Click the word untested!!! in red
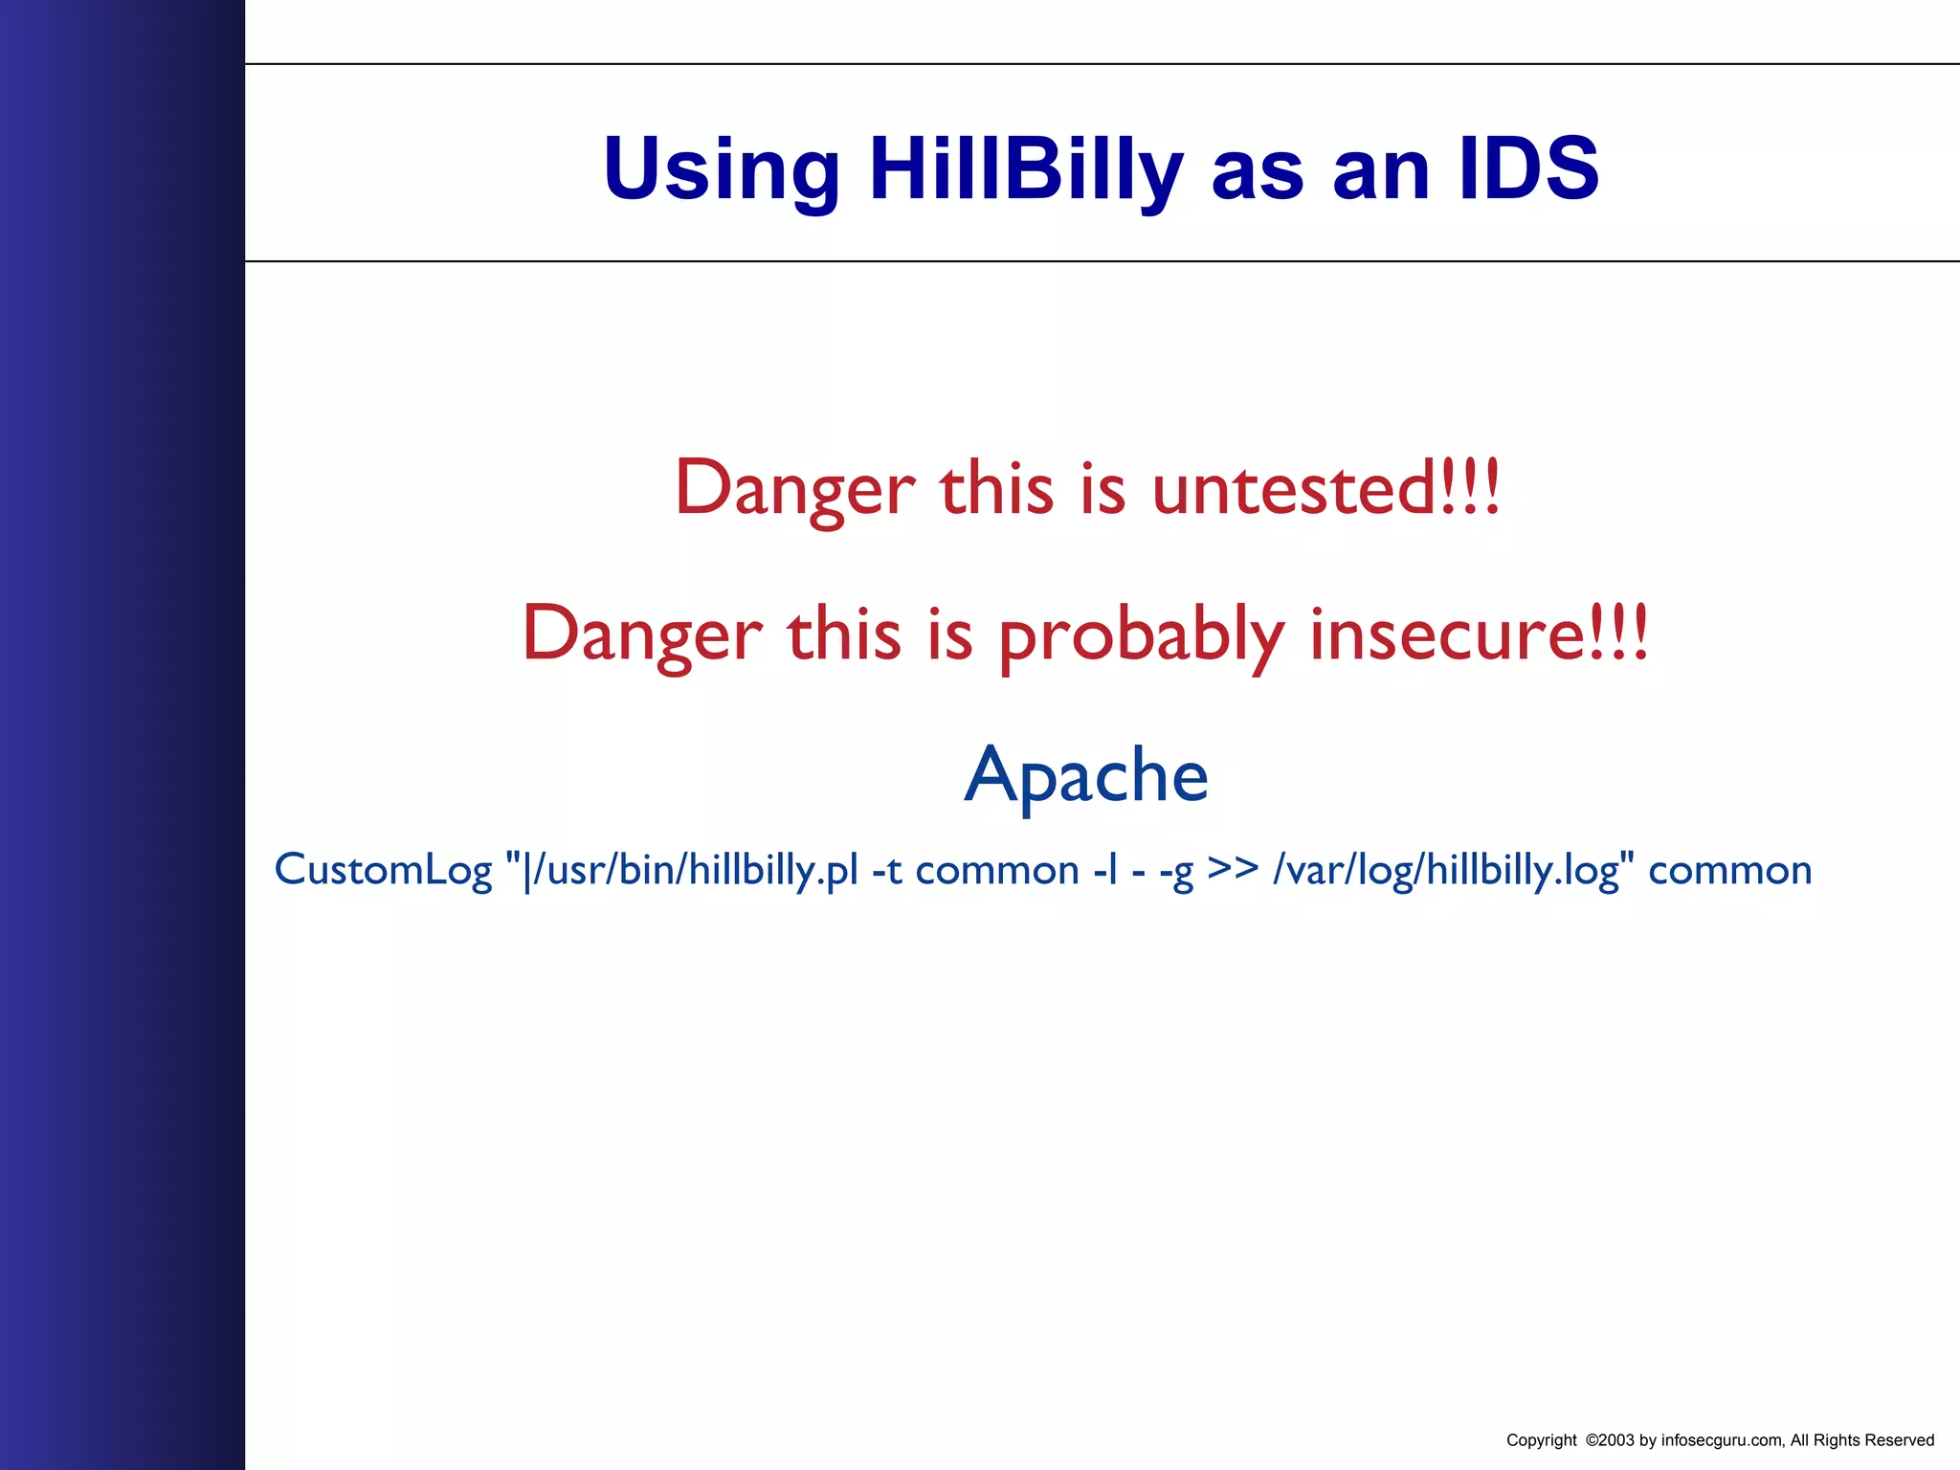[1326, 488]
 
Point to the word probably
[1141, 635]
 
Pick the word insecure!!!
[1480, 635]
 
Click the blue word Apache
[1086, 775]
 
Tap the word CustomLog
[383, 870]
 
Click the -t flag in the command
[887, 870]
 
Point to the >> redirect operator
[1233, 868]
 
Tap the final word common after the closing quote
[1730, 870]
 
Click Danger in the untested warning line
[795, 488]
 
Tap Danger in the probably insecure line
[642, 635]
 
